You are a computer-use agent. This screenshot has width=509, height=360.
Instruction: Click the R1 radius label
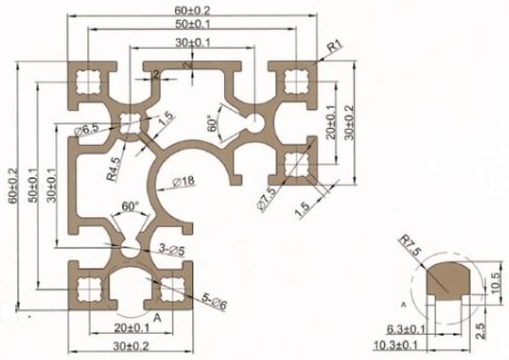pos(335,46)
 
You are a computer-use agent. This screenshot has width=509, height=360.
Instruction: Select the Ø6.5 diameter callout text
pos(87,131)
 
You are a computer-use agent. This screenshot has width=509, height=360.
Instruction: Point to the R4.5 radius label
pos(114,169)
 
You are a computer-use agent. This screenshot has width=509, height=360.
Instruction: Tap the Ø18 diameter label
pos(184,181)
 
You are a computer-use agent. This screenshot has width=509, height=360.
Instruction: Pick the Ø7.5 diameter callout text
pos(268,199)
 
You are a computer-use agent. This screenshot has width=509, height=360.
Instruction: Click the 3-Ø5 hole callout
pos(171,249)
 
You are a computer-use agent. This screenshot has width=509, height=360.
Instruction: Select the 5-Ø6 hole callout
pos(214,302)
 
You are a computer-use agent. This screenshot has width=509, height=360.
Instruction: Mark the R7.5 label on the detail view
pos(410,245)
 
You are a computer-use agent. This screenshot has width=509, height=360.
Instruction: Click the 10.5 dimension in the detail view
pos(496,283)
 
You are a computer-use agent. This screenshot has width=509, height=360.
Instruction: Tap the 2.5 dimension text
pos(481,330)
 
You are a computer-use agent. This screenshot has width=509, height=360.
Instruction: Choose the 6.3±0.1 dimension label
pos(406,329)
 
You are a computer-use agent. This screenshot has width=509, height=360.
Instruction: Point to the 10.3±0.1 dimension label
pos(396,345)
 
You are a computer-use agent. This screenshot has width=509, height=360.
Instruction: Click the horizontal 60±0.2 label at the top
pos(192,10)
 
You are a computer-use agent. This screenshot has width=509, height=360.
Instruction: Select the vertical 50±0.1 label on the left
pos(33,185)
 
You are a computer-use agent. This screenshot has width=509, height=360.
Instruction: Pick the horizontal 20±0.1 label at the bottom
pos(132,328)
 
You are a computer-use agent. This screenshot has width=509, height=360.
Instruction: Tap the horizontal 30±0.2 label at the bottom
pos(132,346)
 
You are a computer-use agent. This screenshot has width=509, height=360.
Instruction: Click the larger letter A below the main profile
pos(157,317)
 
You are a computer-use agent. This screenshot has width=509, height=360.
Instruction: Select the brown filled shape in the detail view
pos(448,279)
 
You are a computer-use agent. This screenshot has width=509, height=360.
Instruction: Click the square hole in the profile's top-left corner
pos(88,82)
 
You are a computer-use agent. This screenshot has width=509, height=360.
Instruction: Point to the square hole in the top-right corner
pos(296,81)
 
